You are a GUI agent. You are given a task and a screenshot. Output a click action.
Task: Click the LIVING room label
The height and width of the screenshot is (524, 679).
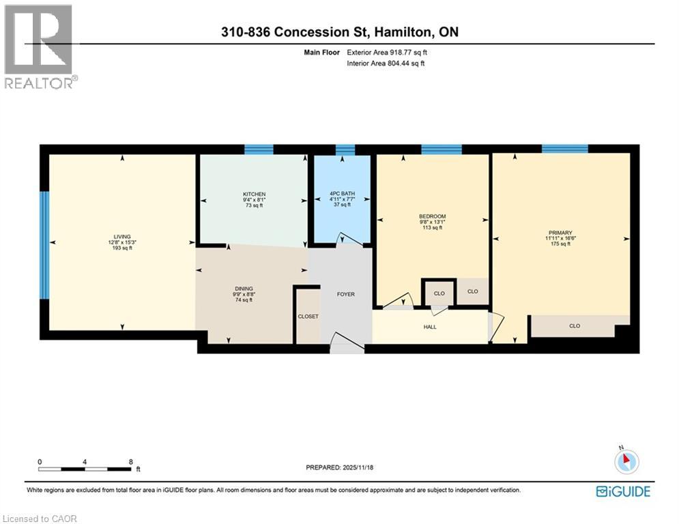(x=122, y=235)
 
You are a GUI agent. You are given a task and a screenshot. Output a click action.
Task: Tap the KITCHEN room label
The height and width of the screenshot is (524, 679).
(x=254, y=194)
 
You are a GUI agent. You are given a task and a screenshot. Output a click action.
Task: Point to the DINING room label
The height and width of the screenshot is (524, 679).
(x=243, y=289)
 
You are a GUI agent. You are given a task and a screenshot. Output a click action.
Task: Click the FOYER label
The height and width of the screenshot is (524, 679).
(x=346, y=294)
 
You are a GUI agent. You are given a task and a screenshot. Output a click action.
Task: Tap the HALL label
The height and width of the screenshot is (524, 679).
(x=430, y=327)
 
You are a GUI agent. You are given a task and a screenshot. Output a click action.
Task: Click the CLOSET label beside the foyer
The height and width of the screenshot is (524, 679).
(x=308, y=317)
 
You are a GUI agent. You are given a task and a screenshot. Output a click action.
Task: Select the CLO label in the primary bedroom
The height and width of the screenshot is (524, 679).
(x=575, y=326)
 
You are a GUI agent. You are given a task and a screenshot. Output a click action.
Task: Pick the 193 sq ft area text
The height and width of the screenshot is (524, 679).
(x=122, y=248)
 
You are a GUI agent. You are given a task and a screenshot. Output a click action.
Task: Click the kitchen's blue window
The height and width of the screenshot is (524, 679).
(x=259, y=149)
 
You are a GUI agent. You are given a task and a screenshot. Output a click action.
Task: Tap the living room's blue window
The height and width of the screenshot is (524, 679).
(x=44, y=244)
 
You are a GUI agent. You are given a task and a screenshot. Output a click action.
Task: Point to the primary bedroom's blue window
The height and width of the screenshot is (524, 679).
(x=564, y=149)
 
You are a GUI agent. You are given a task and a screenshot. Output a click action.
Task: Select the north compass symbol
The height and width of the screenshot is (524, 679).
(x=626, y=462)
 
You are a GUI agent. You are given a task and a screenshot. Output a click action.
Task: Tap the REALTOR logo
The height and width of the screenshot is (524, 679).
(x=40, y=46)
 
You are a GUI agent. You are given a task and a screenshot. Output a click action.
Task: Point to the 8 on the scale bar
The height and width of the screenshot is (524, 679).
(x=130, y=461)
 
